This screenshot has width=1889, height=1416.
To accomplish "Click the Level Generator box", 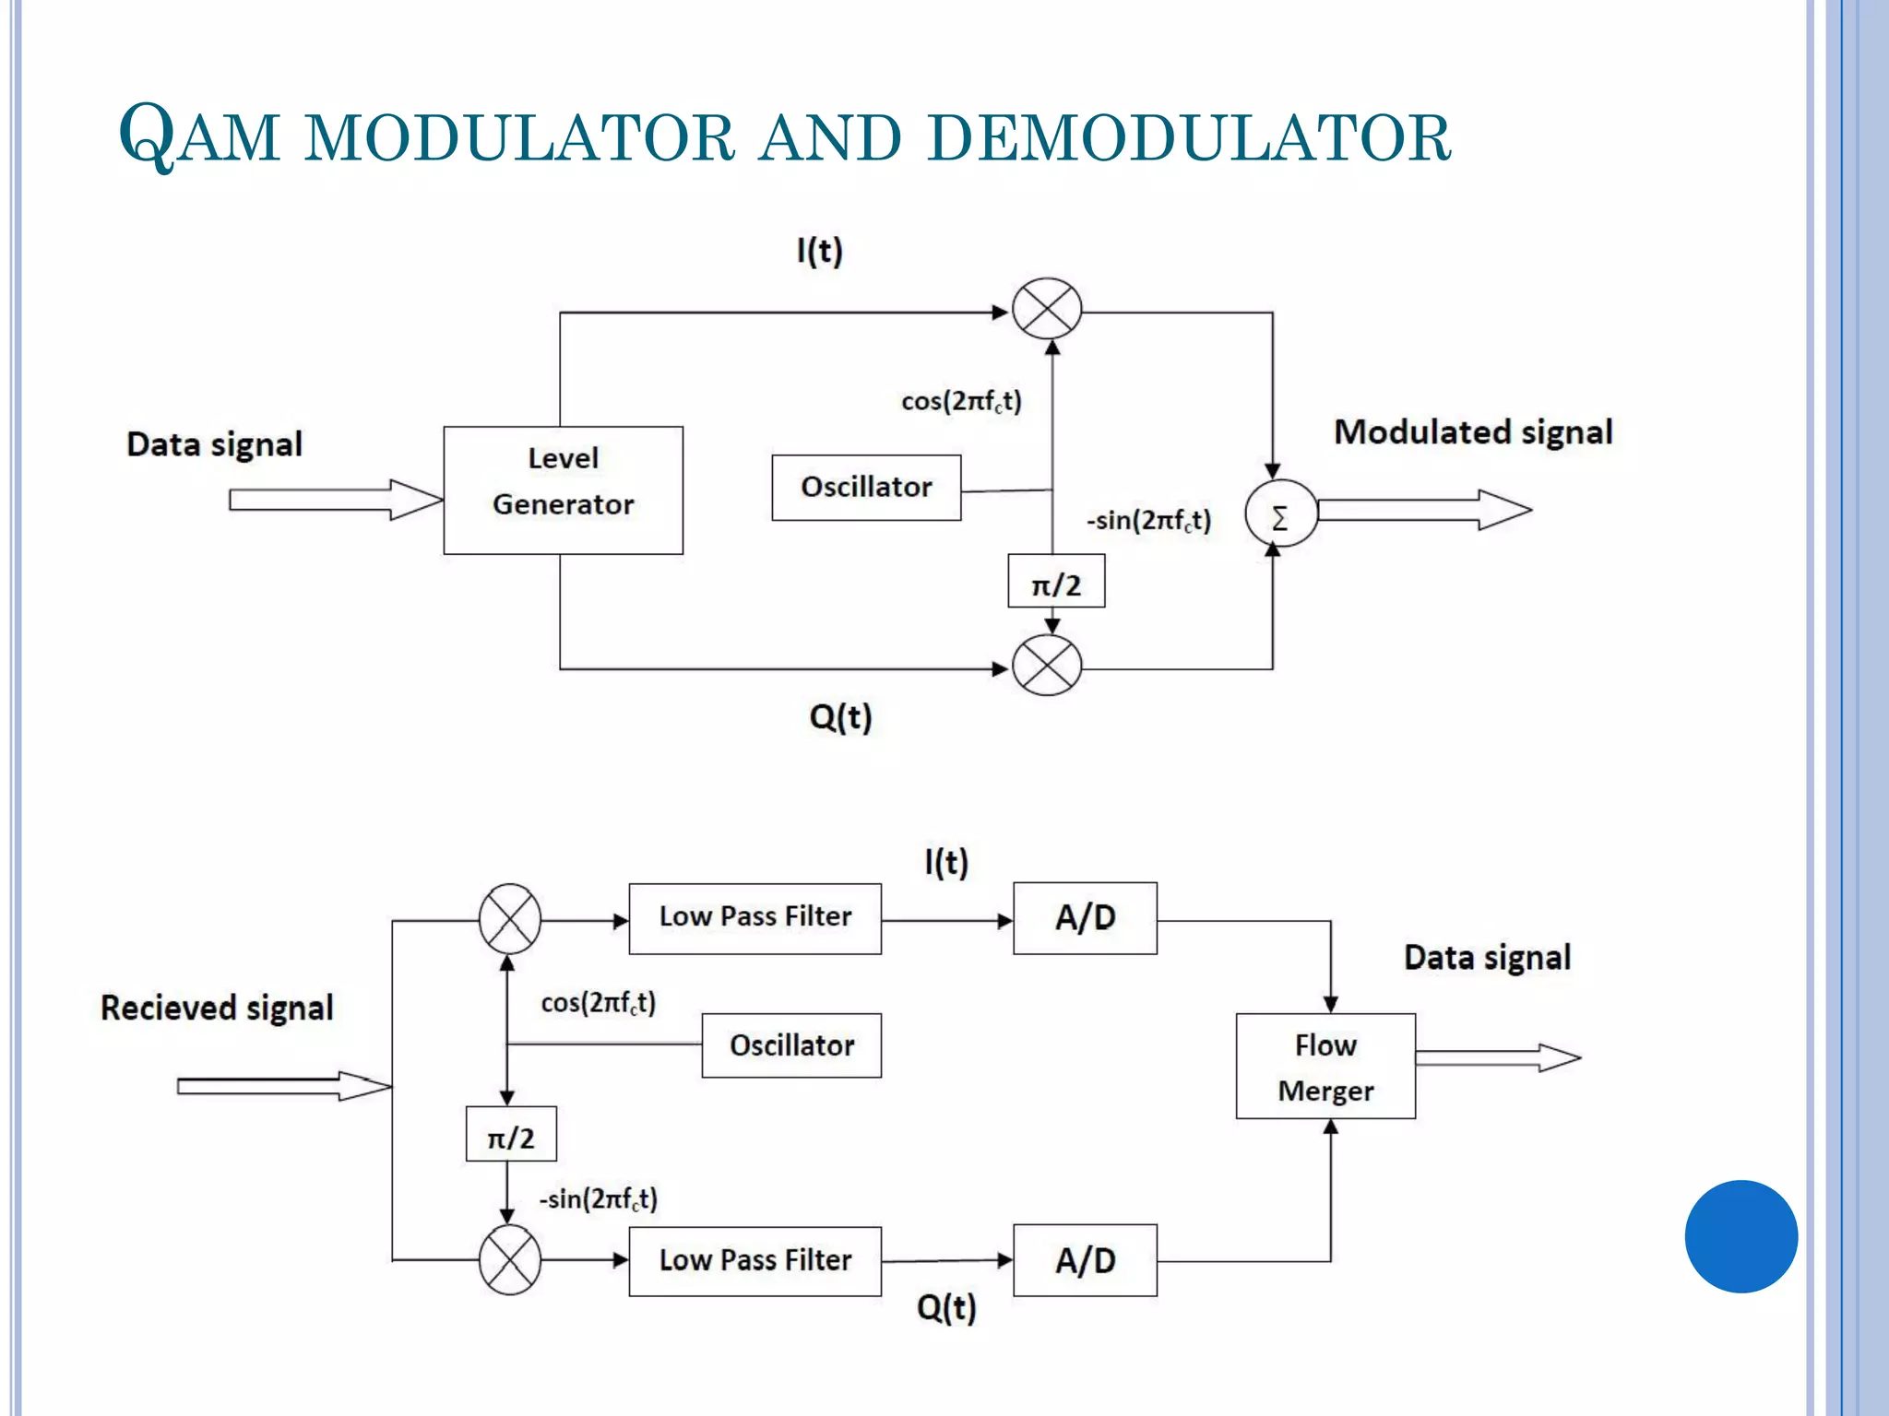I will coord(563,490).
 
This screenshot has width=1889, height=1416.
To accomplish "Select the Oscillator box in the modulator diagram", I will coord(865,487).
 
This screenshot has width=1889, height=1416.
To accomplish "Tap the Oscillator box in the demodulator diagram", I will coord(790,1045).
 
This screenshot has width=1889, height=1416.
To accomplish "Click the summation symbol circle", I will coord(1280,514).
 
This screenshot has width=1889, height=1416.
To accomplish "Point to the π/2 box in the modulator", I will coord(1055,582).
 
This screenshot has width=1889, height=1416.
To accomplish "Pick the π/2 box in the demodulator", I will coord(510,1134).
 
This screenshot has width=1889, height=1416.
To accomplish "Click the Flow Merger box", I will coord(1325,1067).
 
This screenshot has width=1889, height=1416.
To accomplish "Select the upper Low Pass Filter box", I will coord(754,918).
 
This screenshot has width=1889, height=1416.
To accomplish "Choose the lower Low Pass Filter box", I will coord(754,1261).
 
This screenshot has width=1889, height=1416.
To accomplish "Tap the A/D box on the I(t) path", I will coord(1085,918).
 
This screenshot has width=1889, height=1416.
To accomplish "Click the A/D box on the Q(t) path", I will coord(1085,1260).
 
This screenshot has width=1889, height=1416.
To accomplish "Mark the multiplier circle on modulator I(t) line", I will coord(1047,309).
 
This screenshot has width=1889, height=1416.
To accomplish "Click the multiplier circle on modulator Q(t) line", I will coord(1047,665).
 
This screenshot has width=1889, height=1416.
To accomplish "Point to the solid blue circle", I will coord(1740,1236).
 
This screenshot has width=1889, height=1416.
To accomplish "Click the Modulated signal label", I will coord(1473,432).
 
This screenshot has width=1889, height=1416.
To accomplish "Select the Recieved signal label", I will coord(217,1008).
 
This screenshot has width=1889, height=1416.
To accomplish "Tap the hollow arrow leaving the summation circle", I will coord(1423,510).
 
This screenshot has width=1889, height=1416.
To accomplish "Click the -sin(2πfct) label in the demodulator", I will coord(598,1199).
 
